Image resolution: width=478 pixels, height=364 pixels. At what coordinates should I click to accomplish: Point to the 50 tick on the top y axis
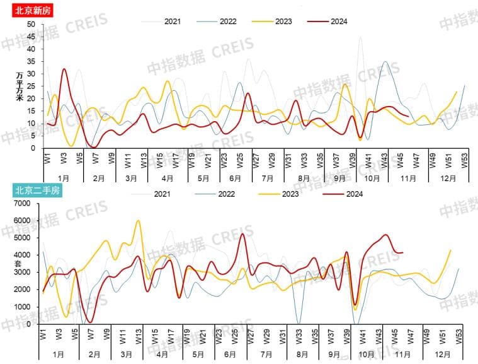(x=31, y=24)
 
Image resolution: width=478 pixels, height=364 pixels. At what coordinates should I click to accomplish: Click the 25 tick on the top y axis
(x=31, y=86)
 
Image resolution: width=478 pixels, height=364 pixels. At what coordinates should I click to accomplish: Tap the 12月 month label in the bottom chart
(x=448, y=355)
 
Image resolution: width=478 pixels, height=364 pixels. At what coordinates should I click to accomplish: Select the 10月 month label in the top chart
(x=372, y=179)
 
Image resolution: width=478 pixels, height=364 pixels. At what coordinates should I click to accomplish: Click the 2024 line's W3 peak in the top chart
(x=64, y=69)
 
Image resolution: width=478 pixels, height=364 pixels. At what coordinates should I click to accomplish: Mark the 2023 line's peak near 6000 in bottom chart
(x=138, y=221)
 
